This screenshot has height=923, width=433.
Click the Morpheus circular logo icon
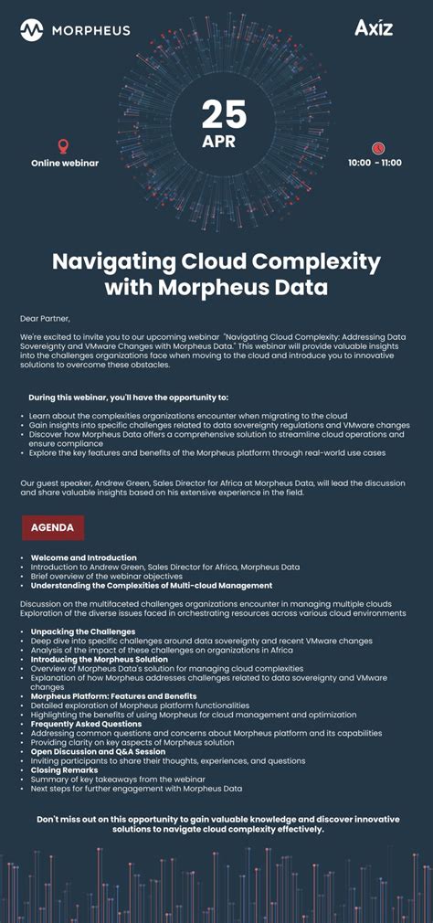click(x=32, y=30)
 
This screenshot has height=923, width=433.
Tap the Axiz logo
click(x=375, y=28)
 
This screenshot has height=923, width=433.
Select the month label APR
click(x=219, y=142)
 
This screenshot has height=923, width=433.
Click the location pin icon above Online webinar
click(x=63, y=145)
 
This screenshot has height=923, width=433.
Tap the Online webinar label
click(x=65, y=163)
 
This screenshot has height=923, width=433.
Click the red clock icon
click(x=377, y=147)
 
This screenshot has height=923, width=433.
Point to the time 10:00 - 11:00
click(x=375, y=163)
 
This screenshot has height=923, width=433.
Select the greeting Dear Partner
click(x=45, y=318)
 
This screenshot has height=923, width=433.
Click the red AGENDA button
click(x=53, y=527)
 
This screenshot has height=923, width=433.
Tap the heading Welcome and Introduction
click(x=84, y=557)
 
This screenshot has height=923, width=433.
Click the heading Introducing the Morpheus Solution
click(x=100, y=659)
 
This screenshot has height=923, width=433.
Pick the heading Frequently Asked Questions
click(x=87, y=724)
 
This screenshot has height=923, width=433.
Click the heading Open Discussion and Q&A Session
click(x=99, y=751)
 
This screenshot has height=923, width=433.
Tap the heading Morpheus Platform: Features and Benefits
click(x=114, y=696)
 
